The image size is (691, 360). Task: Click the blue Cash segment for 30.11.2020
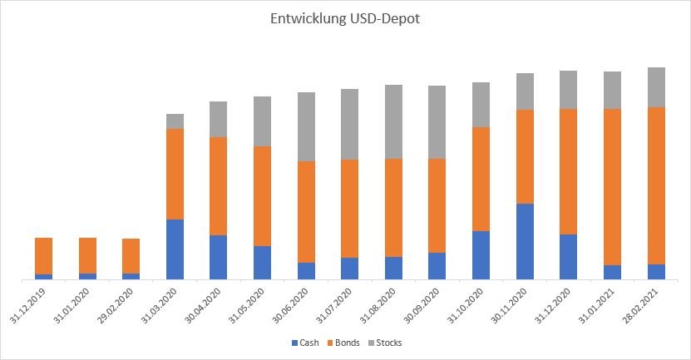525,241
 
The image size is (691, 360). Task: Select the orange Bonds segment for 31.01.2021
612,187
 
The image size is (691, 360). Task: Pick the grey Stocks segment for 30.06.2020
306,126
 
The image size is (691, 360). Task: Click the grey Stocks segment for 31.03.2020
175,121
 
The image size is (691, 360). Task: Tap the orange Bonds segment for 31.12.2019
43,256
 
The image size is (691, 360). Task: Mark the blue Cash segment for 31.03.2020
175,249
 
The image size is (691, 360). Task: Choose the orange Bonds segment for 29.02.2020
131,256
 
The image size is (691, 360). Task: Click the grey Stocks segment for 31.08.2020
393,121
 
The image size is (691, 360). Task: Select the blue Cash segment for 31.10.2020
481,255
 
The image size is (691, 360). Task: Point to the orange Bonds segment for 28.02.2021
656,185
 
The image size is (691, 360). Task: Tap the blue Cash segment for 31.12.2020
569,257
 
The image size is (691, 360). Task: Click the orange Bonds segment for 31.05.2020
262,196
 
